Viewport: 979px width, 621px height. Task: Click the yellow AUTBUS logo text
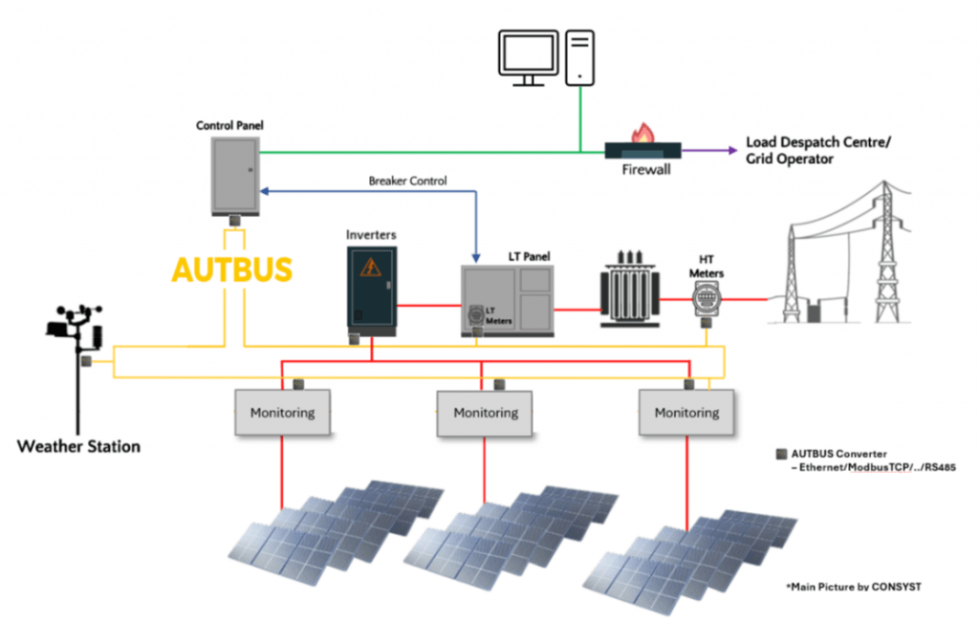(231, 269)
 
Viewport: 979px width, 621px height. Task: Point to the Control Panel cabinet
(234, 175)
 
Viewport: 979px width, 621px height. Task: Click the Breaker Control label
(407, 181)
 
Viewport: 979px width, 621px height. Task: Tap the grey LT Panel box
(507, 300)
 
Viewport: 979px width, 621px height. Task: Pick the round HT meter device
(707, 301)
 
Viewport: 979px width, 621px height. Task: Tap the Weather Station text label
(78, 446)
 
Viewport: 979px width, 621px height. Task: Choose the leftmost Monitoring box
(282, 413)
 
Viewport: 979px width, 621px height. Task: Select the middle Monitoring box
(485, 413)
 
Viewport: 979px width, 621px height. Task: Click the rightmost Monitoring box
(685, 413)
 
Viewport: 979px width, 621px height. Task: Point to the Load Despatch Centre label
(817, 151)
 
